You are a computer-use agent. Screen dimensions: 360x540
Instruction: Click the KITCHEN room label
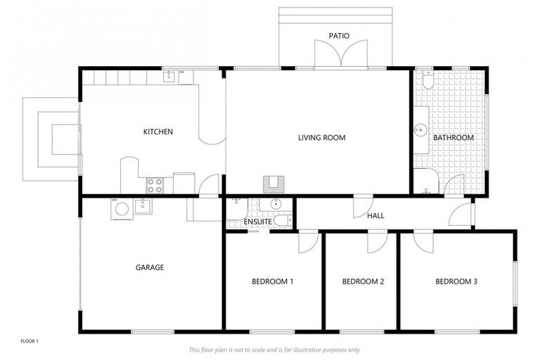[x=158, y=131]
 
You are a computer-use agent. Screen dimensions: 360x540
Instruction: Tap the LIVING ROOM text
[x=321, y=138]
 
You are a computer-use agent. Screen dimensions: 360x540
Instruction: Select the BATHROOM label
[x=453, y=138]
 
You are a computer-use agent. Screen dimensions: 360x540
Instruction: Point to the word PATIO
[x=339, y=36]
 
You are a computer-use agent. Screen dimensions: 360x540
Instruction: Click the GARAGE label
[x=150, y=267]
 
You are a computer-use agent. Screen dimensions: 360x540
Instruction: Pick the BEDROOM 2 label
[x=363, y=282]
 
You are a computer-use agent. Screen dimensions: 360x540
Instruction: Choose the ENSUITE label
[x=258, y=222]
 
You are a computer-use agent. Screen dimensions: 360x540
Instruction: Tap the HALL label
[x=375, y=216]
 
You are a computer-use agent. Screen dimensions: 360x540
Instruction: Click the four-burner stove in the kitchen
[x=155, y=185]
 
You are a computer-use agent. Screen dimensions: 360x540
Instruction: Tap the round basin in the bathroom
[x=420, y=129]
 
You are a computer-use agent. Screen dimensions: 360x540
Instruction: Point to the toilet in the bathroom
[x=425, y=78]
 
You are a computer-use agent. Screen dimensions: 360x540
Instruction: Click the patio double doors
[x=340, y=55]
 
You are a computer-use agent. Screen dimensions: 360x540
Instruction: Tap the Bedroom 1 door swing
[x=307, y=242]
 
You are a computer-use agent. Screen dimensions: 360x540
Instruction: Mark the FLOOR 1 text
[x=30, y=342]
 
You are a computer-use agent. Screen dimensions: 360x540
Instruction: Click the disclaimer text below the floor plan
[x=274, y=349]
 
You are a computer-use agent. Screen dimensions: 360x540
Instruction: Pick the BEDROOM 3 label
[x=456, y=282]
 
